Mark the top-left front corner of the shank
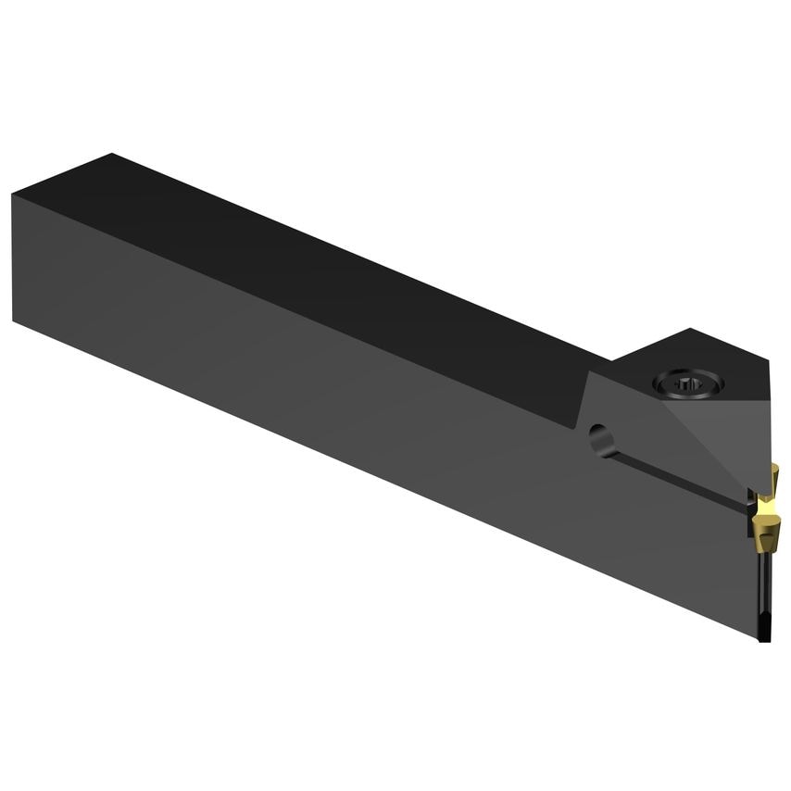pyautogui.click(x=13, y=195)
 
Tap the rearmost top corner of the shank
pyautogui.click(x=112, y=154)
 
